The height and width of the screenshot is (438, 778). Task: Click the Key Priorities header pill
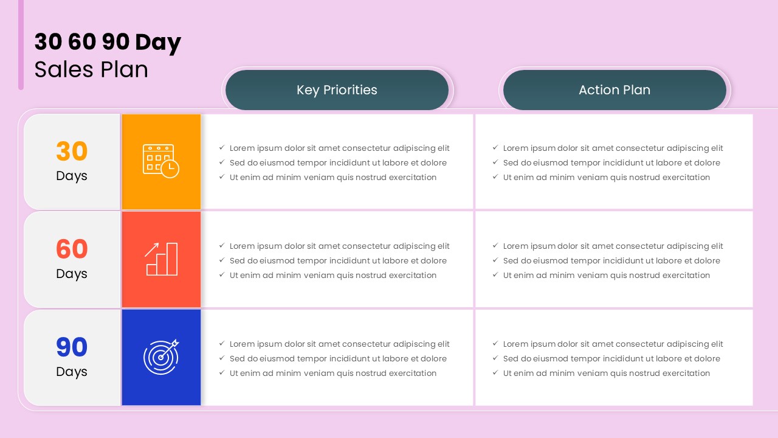[x=337, y=90]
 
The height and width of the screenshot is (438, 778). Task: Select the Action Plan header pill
[x=614, y=90]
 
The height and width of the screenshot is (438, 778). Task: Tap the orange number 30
[x=72, y=151]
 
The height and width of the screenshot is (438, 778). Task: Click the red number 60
[x=72, y=249]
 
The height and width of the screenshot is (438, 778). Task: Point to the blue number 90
[x=72, y=347]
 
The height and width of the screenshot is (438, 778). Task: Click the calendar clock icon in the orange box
[x=161, y=161]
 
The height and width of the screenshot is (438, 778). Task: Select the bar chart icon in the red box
[x=161, y=259]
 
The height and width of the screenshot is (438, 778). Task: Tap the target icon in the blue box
[x=161, y=357]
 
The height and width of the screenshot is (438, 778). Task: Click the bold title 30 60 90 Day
[x=108, y=43]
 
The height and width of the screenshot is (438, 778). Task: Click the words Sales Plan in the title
[x=91, y=69]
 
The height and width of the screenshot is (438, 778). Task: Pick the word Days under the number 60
[x=72, y=274]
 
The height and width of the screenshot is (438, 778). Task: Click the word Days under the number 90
[x=72, y=372]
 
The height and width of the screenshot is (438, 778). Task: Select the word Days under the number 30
[x=72, y=176]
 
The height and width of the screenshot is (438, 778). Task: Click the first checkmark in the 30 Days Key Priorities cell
[x=222, y=148]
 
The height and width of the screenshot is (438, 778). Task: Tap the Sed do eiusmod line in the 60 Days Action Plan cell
[x=611, y=260]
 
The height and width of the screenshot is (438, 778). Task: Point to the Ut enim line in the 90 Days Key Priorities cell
[x=333, y=373]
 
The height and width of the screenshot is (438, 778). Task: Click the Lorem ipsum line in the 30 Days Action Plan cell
[x=613, y=148]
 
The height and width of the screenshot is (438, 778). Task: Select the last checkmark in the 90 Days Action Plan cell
[x=496, y=373]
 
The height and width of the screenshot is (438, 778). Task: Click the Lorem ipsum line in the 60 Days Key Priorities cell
[x=339, y=246]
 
